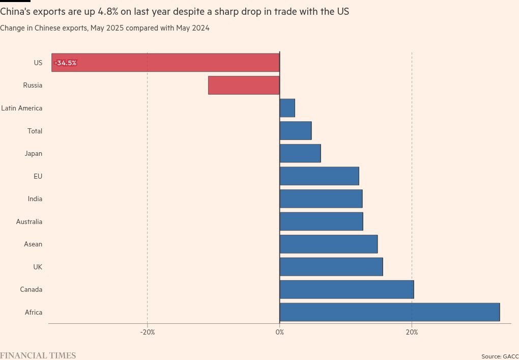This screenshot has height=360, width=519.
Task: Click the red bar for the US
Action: coord(165,63)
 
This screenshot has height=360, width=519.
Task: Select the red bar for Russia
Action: coord(244,85)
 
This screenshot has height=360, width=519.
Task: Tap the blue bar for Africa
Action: coord(389,312)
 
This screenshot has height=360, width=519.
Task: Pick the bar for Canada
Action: coord(347,289)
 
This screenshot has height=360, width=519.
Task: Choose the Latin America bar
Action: coord(287,108)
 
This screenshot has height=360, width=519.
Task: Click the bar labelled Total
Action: coord(295,131)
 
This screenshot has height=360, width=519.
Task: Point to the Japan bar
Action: coord(300,153)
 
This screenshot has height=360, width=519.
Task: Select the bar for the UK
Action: coord(331,267)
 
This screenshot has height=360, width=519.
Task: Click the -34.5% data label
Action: coord(66,63)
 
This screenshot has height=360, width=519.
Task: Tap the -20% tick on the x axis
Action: coord(148,333)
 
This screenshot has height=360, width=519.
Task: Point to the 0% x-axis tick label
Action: coord(279,333)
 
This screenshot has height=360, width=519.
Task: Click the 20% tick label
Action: coord(412,333)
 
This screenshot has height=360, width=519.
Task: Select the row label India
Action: coord(35,199)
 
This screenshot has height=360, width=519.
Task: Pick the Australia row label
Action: coord(29,221)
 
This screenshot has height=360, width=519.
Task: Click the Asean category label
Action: coord(33,244)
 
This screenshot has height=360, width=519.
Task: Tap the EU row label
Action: coord(38,176)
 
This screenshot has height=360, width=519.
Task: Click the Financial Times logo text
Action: coord(38,355)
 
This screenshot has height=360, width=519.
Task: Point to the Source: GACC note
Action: coord(500,356)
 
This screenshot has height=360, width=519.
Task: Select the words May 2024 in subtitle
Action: coord(193,29)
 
